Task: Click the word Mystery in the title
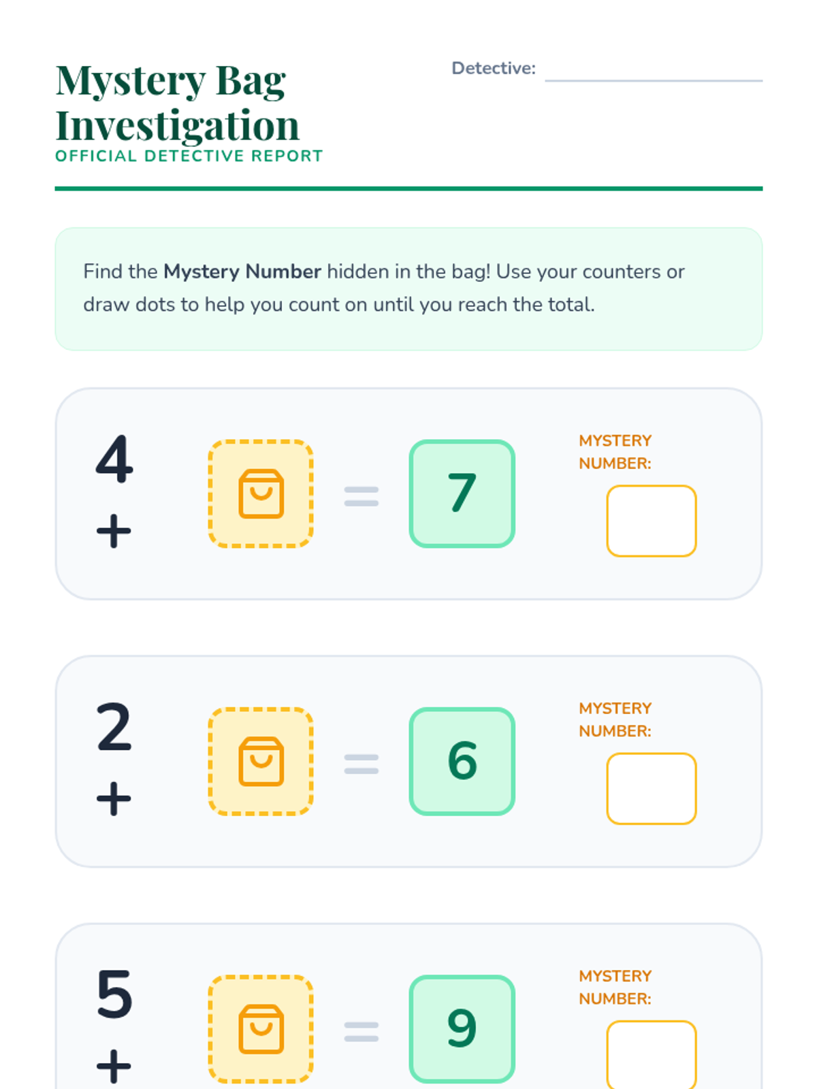click(x=131, y=81)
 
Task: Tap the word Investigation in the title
click(x=177, y=125)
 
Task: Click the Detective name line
click(x=654, y=80)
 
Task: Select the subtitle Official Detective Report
click(x=189, y=156)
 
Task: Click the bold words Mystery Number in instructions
click(x=242, y=272)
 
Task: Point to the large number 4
click(x=114, y=459)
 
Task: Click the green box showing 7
click(x=462, y=493)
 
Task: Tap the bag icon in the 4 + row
click(x=261, y=493)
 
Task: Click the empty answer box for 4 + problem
click(x=652, y=521)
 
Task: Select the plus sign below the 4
click(x=114, y=531)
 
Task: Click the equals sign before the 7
click(x=361, y=497)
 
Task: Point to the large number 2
click(x=114, y=726)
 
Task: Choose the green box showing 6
click(x=462, y=762)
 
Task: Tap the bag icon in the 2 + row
click(x=261, y=762)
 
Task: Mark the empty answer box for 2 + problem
click(x=652, y=789)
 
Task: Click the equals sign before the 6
click(x=361, y=764)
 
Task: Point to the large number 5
click(x=114, y=994)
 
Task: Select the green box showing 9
click(x=462, y=1030)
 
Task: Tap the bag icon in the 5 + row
click(x=261, y=1030)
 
